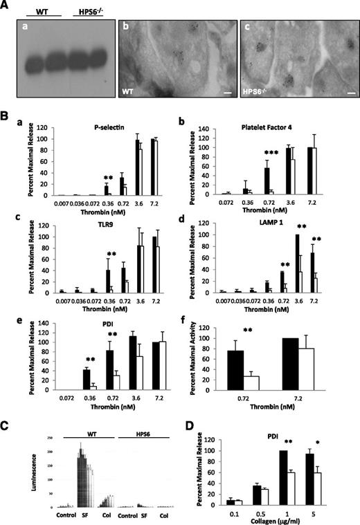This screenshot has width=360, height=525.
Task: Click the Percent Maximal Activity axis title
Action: pyautogui.click(x=193, y=354)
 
